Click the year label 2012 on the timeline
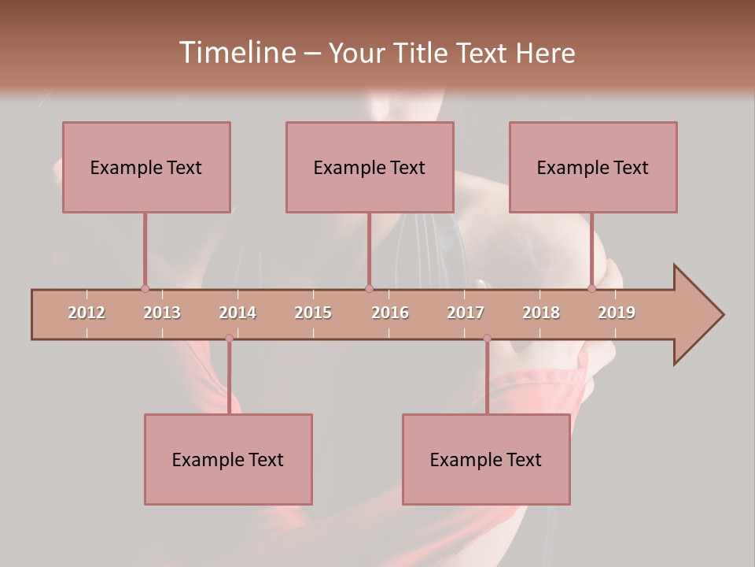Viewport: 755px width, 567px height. (87, 313)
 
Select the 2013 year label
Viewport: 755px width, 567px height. (162, 313)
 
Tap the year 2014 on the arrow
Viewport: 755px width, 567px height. (238, 313)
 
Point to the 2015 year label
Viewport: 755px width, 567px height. (313, 313)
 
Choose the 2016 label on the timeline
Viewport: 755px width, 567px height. (390, 313)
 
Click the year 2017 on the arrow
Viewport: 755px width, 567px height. (466, 313)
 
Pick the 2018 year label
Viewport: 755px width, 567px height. (541, 313)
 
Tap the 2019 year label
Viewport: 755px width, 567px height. (617, 313)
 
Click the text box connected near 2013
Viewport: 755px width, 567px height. (146, 167)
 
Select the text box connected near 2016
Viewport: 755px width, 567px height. (370, 167)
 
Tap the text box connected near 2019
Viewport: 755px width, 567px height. (593, 167)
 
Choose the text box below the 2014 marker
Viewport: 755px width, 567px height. (228, 459)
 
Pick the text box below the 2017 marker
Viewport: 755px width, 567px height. (486, 459)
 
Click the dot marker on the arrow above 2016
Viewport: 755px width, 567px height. (369, 288)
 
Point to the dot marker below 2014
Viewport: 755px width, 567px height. (229, 339)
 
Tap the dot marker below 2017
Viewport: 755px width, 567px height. (487, 339)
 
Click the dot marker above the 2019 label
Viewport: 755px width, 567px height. (591, 288)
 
